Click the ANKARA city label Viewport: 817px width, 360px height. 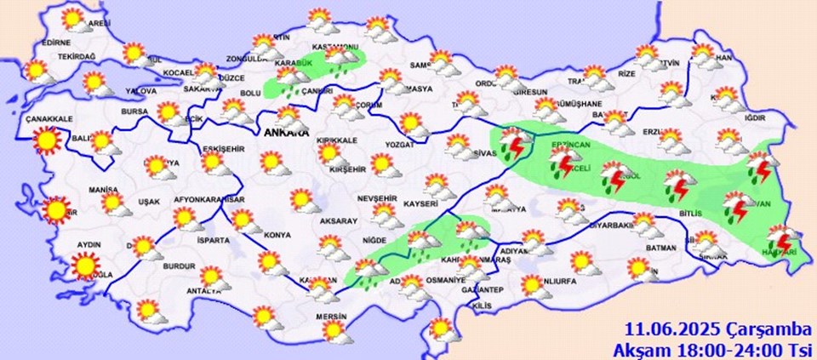pos(282,134)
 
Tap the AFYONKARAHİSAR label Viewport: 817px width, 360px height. pos(209,200)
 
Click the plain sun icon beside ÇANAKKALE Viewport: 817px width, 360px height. pos(46,139)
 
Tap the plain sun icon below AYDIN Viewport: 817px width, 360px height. pos(84,266)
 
